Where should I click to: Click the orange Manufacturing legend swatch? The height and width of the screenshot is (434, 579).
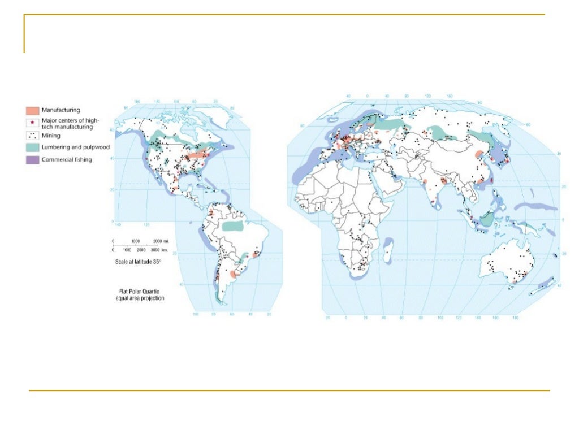(32, 110)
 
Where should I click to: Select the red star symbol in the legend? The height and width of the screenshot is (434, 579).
(32, 123)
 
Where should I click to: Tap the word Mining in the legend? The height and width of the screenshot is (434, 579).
(51, 136)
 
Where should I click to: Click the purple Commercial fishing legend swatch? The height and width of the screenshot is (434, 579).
(32, 160)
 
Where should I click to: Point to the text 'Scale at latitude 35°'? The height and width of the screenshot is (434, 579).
(139, 262)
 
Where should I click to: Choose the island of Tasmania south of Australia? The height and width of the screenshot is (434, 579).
(512, 288)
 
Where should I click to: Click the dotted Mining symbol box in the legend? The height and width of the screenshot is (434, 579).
(32, 136)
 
